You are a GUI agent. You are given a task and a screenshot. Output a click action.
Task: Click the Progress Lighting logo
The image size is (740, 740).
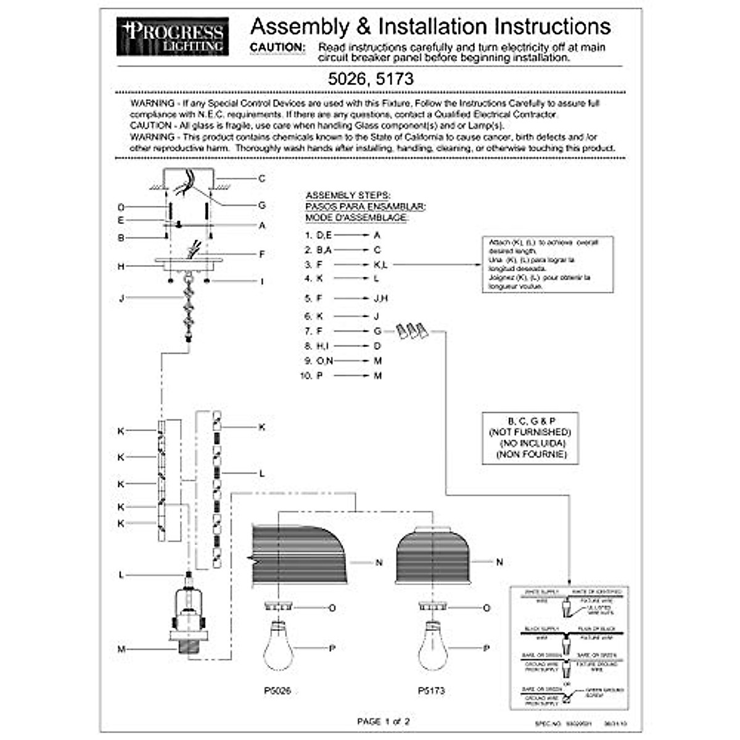pyautogui.click(x=172, y=36)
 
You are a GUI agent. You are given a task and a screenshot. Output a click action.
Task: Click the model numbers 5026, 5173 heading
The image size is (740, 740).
pyautogui.click(x=370, y=79)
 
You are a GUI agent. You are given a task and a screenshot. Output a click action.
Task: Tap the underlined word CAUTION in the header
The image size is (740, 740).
pyautogui.click(x=277, y=47)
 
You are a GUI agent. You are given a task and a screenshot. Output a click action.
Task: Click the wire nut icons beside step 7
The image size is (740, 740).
pyautogui.click(x=412, y=331)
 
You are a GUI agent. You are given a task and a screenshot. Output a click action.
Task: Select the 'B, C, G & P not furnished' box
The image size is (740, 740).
pyautogui.click(x=530, y=438)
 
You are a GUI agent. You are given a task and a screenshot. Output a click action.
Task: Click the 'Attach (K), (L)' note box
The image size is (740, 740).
pyautogui.click(x=548, y=264)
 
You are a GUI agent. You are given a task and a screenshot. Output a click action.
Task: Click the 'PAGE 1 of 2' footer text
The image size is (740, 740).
pyautogui.click(x=383, y=721)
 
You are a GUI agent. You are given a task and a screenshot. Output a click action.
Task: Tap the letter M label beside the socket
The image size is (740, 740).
pyautogui.click(x=121, y=649)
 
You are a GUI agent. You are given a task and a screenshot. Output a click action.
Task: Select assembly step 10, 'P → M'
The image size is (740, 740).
pyautogui.click(x=342, y=376)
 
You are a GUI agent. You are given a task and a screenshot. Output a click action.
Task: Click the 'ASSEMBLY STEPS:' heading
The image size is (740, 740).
pyautogui.click(x=348, y=195)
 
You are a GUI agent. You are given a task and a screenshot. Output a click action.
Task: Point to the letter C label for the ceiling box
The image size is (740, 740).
pyautogui.click(x=261, y=179)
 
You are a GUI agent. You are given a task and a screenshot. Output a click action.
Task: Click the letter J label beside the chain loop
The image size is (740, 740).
pyautogui.click(x=121, y=299)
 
